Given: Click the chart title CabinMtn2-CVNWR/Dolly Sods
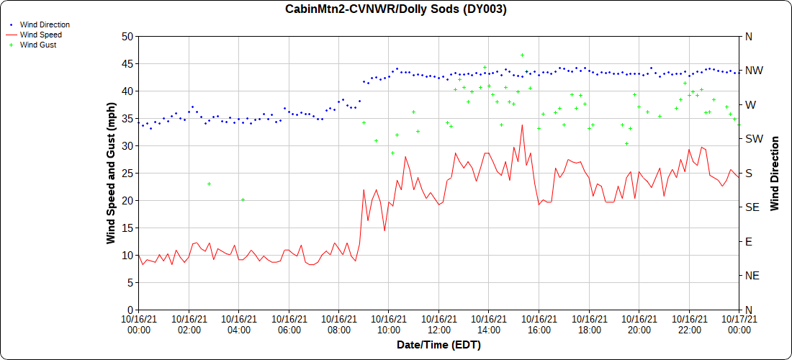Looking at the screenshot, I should coord(396,9).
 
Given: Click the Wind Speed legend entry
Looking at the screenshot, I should coord(40,35).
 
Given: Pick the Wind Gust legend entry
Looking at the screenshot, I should coord(37,45).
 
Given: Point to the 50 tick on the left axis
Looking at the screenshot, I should coord(127,36).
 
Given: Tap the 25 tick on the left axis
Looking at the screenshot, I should coord(127,173).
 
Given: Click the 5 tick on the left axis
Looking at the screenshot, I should coord(130,282).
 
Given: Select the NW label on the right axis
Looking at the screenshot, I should coord(754,71).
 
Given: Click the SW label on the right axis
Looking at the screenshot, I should coord(754,139).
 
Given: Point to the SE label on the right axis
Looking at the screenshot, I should coord(753,207).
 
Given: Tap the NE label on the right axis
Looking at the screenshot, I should coord(753,276).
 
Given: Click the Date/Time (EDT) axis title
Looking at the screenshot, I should coord(438,345).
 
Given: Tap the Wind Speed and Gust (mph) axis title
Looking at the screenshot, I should coord(111,173).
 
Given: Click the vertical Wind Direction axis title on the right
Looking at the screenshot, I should coord(775,173).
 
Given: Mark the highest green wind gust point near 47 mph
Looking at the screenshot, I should coord(522,55).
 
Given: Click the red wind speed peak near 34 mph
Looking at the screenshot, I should coord(522,125).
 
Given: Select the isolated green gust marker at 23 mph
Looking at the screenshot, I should coord(209,184).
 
